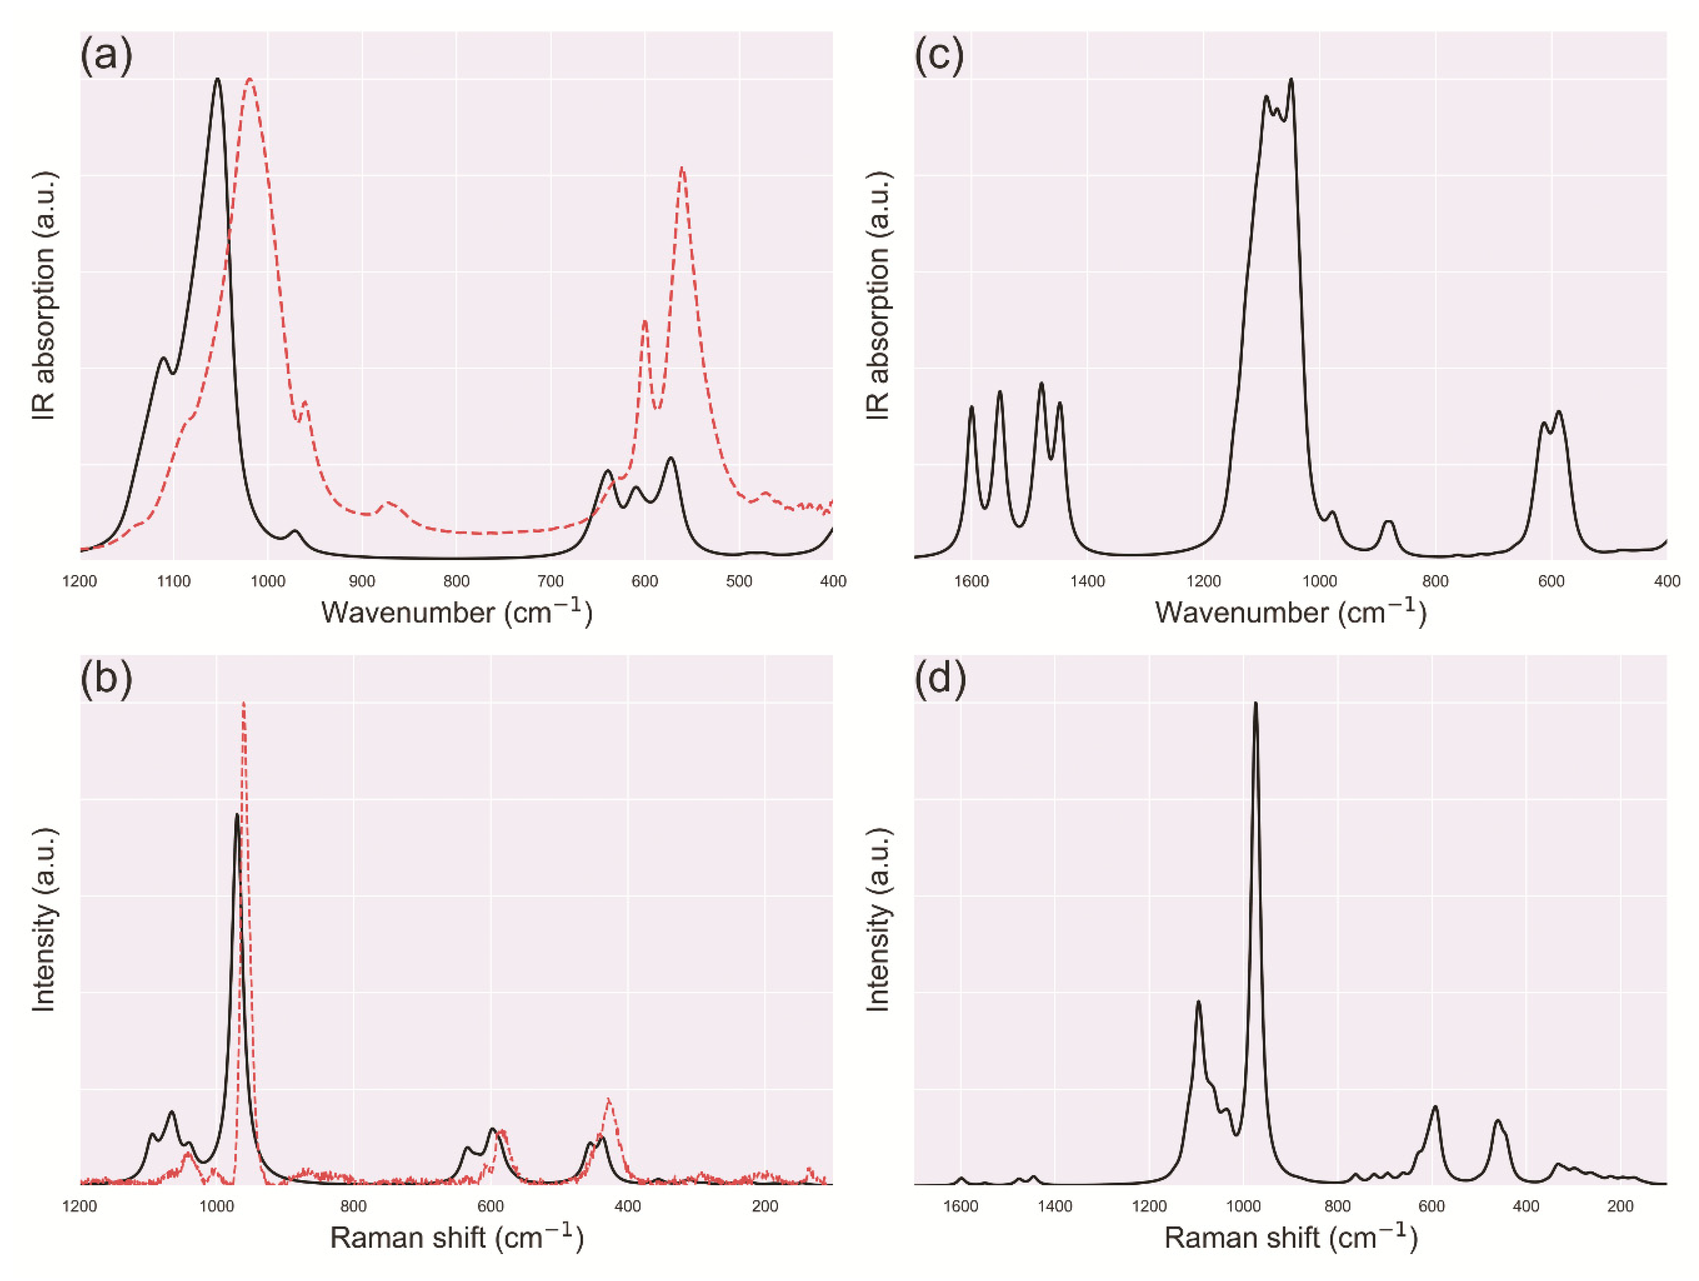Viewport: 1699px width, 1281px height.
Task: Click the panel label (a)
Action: click(107, 56)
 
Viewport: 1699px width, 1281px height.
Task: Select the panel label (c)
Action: click(939, 56)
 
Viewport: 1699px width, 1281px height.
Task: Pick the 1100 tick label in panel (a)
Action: click(174, 582)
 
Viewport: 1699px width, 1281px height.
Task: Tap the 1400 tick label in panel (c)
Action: click(1088, 582)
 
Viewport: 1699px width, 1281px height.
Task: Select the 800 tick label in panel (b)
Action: click(353, 1207)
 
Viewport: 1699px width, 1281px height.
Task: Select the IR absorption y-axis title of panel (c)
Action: click(877, 296)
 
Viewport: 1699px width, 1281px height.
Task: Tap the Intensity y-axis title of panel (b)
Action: click(44, 919)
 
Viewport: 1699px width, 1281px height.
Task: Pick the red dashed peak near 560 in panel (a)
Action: click(682, 168)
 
